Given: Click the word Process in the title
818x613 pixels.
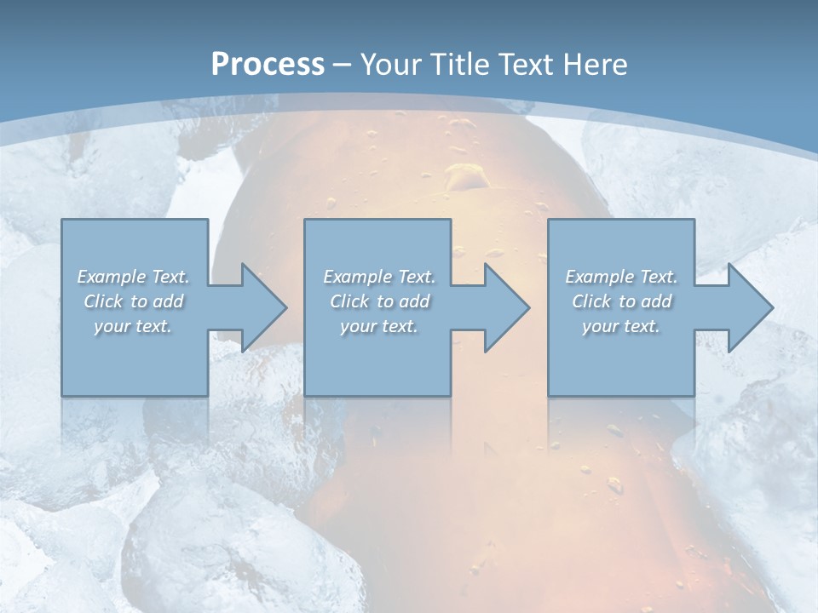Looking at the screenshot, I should pyautogui.click(x=268, y=65).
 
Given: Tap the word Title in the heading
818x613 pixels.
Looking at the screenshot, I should pyautogui.click(x=458, y=65).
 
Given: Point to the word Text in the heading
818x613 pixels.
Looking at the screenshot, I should pyautogui.click(x=526, y=65).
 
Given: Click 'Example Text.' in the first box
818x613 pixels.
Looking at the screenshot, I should pyautogui.click(x=133, y=277).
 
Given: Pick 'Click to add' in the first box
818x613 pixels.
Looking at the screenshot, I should pyautogui.click(x=133, y=301).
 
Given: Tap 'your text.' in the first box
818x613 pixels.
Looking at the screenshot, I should pyautogui.click(x=133, y=326).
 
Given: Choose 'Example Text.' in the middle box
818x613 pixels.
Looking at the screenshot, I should pyautogui.click(x=379, y=277).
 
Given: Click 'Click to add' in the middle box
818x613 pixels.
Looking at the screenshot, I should pyautogui.click(x=379, y=301).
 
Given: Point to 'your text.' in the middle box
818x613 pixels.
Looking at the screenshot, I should pyautogui.click(x=379, y=326).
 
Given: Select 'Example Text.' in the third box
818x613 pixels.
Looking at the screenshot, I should pyautogui.click(x=621, y=277).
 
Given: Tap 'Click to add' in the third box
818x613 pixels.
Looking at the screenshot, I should pyautogui.click(x=621, y=301).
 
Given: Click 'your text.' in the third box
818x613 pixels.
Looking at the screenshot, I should pyautogui.click(x=621, y=326).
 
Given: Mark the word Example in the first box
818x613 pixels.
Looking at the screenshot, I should pyautogui.click(x=112, y=277).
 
